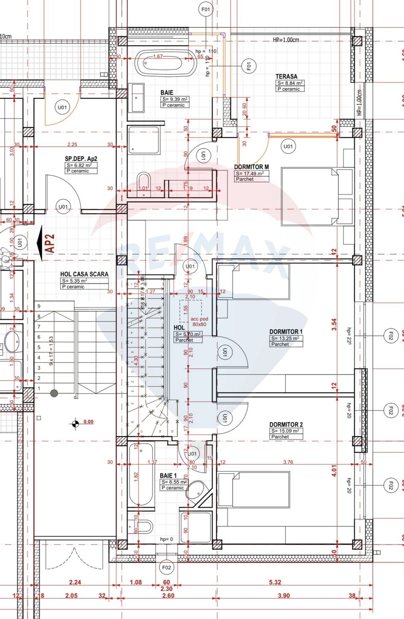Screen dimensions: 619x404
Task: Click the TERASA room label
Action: click(x=286, y=76)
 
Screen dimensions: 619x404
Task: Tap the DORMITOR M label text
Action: click(x=251, y=167)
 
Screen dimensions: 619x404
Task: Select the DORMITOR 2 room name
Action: click(x=286, y=425)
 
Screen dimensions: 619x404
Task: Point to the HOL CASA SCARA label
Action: click(x=84, y=274)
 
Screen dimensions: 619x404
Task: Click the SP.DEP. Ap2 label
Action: click(x=81, y=159)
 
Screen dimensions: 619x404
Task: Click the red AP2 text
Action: click(x=50, y=244)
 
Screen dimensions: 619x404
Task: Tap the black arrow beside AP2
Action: click(x=40, y=243)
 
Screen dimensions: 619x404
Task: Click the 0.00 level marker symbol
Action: click(x=76, y=424)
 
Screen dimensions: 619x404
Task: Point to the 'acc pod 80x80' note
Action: click(x=199, y=321)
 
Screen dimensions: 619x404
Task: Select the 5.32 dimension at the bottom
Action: click(x=275, y=582)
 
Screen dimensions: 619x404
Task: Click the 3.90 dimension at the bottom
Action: click(x=284, y=595)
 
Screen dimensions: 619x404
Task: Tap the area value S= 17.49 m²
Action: click(x=250, y=173)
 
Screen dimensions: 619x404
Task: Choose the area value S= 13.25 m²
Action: click(x=285, y=338)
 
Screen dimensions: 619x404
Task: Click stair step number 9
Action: click(x=39, y=306)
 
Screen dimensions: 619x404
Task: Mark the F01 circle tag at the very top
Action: click(x=206, y=9)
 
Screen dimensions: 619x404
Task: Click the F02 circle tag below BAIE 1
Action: click(x=167, y=567)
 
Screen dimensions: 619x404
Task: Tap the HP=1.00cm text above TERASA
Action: click(x=286, y=40)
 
